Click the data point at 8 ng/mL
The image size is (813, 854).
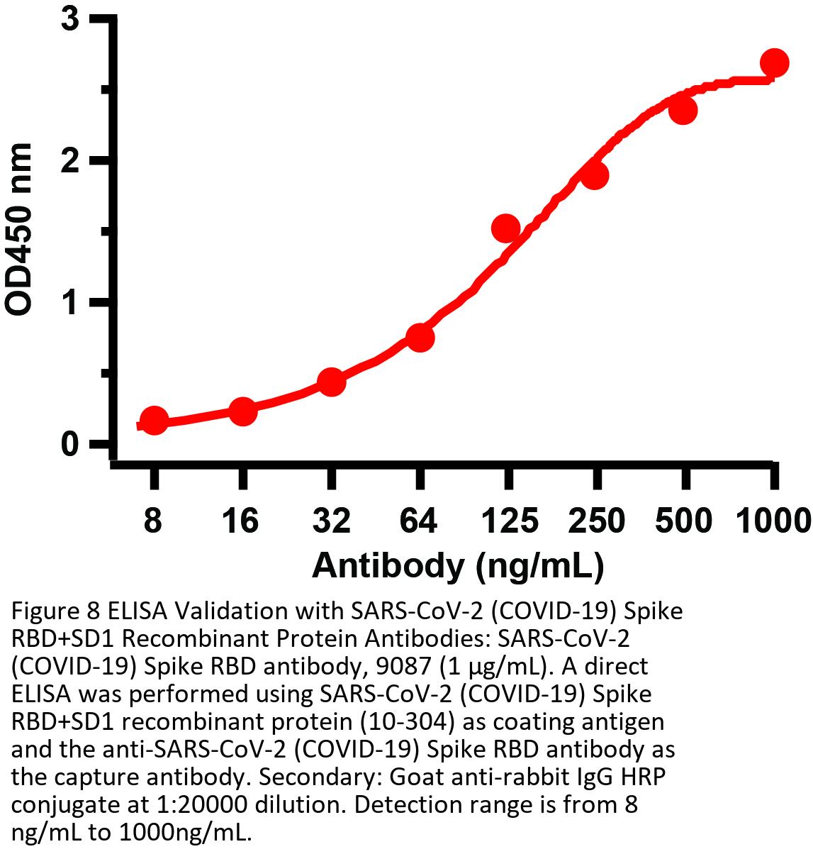coord(155,421)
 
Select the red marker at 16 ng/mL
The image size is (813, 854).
coord(243,411)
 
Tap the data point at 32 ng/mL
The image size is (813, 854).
coord(331,382)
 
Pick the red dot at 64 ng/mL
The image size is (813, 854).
coord(420,338)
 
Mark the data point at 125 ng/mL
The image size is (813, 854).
coord(506,228)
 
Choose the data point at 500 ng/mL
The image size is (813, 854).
coord(683,111)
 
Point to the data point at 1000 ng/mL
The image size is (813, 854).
coord(774,63)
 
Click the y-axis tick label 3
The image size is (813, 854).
coord(70,19)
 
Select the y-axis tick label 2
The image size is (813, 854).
coord(70,161)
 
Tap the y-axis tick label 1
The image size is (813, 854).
coord(70,303)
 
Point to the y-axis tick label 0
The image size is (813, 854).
coord(70,445)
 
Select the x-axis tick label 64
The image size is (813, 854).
coord(419,522)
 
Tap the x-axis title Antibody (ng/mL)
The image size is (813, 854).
coord(458,565)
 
